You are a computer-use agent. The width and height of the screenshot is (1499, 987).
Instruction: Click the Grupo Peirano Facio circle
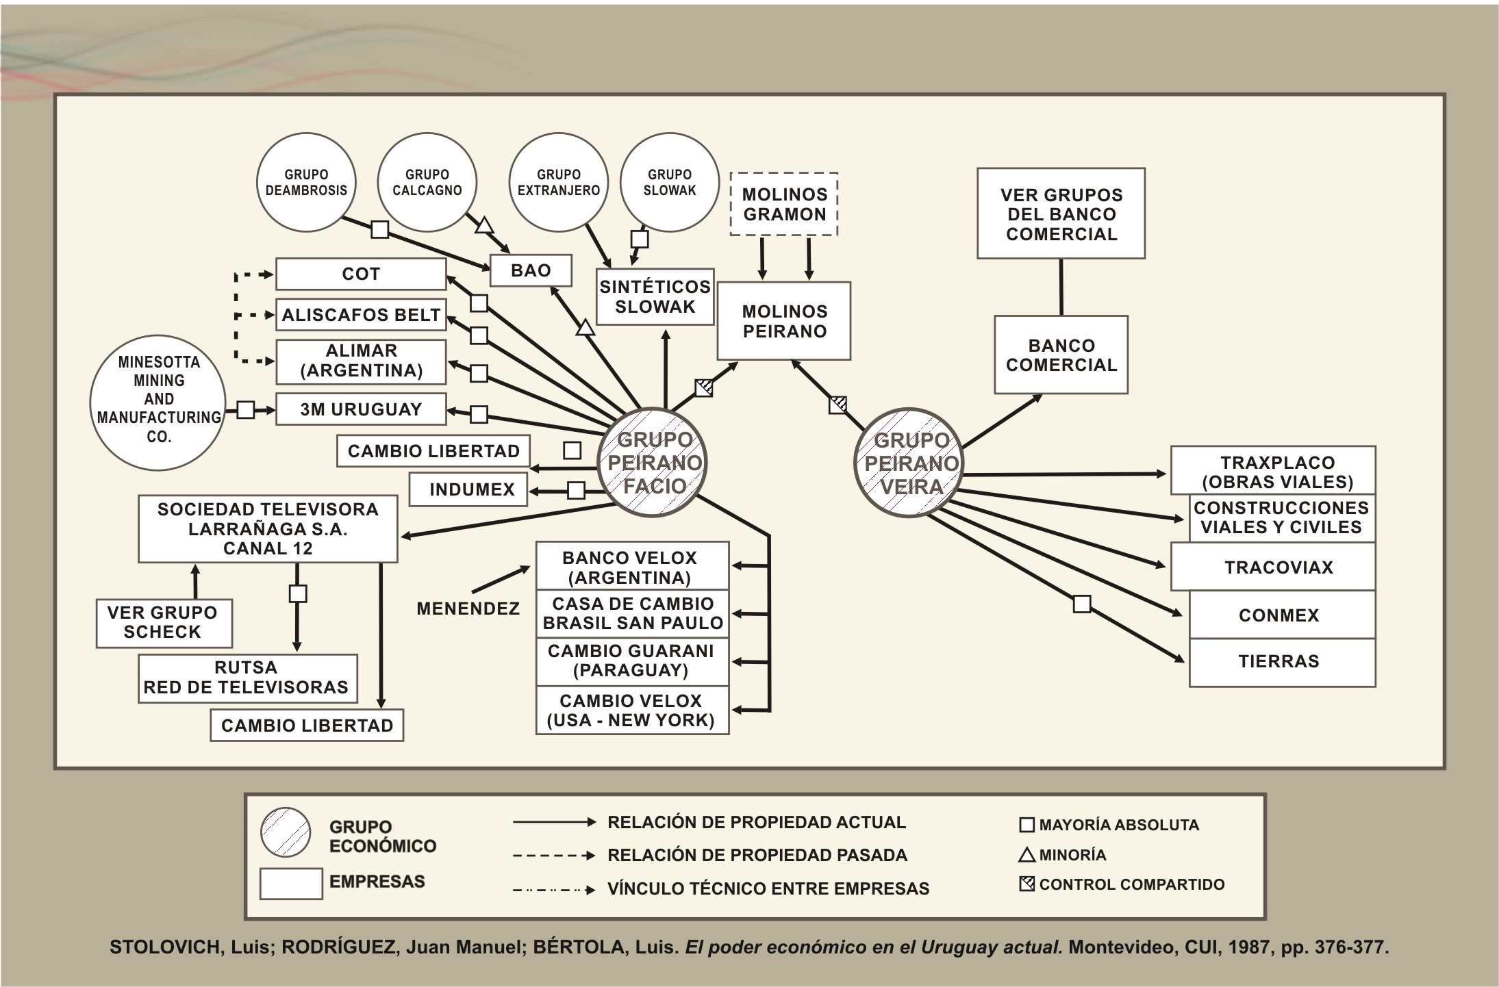[653, 463]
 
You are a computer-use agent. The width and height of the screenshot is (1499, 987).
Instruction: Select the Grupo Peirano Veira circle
[909, 463]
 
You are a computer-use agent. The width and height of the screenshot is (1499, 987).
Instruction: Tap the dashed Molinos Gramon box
[784, 204]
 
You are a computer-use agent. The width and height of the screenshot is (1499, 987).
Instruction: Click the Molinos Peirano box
[784, 321]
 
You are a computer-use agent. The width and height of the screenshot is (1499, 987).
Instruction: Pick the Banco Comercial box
[1061, 355]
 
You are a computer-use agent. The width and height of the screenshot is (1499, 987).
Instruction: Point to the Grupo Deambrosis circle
[306, 182]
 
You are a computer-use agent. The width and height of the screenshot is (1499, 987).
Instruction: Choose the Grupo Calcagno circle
[427, 182]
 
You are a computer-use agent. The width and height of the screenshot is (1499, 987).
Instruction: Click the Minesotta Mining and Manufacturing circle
[158, 399]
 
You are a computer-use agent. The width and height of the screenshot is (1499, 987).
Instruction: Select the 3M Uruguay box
[361, 409]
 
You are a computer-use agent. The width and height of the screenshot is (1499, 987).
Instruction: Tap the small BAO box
[531, 270]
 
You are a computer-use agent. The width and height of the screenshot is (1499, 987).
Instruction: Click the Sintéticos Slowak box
[655, 296]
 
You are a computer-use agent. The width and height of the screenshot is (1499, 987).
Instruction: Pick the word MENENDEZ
[468, 608]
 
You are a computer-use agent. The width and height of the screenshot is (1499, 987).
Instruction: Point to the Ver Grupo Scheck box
[164, 623]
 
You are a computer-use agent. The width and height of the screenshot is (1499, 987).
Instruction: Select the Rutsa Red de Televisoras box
[247, 678]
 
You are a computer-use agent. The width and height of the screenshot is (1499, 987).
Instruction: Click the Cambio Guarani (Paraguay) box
[631, 661]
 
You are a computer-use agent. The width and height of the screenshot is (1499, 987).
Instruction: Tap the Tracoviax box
[1278, 567]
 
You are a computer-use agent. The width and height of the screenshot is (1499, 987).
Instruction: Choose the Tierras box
[1278, 662]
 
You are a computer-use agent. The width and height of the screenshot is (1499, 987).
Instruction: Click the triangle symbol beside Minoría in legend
[1026, 855]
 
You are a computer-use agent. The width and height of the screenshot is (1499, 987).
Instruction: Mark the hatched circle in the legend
[286, 832]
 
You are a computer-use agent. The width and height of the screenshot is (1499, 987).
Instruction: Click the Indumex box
[471, 489]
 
